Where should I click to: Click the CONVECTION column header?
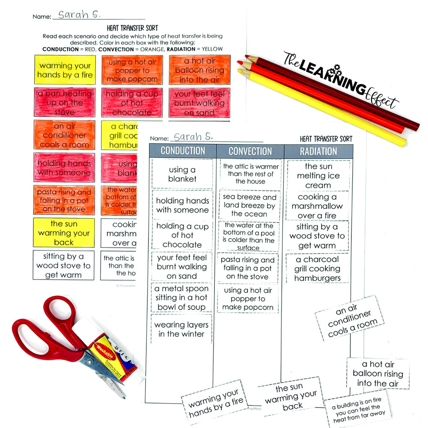pyautogui.click(x=250, y=151)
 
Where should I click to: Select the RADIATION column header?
pyautogui.click(x=318, y=151)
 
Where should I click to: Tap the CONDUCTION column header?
pyautogui.click(x=183, y=151)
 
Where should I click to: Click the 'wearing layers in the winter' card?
pyautogui.click(x=182, y=329)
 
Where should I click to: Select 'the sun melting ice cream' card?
pyautogui.click(x=318, y=176)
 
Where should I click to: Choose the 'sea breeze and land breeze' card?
pyautogui.click(x=250, y=205)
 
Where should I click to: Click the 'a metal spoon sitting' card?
pyautogui.click(x=182, y=297)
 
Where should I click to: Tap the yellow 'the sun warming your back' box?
pyautogui.click(x=64, y=233)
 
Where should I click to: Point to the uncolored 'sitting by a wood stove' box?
pyautogui.click(x=64, y=265)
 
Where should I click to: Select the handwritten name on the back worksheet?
pyautogui.click(x=80, y=15)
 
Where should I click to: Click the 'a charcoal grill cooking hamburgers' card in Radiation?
pyautogui.click(x=317, y=269)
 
